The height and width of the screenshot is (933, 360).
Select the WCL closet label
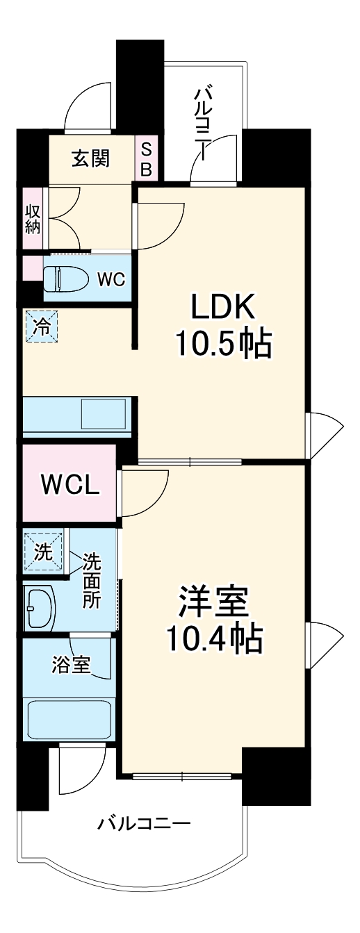click(69, 484)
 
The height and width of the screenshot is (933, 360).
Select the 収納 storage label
click(32, 220)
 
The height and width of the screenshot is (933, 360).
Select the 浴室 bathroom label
click(70, 665)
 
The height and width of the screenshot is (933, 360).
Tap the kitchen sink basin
click(102, 415)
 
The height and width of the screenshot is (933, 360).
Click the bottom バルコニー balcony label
click(143, 825)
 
